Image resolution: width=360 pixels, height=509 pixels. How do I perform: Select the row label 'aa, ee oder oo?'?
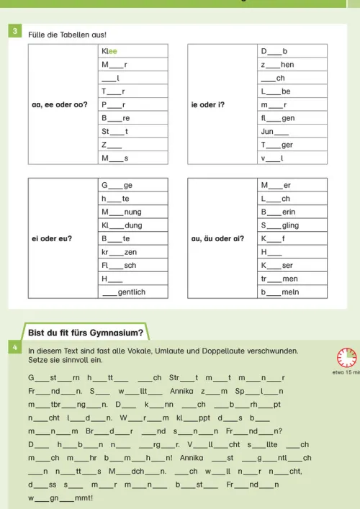tap(60, 104)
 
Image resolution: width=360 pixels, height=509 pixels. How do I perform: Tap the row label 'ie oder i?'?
tap(207, 104)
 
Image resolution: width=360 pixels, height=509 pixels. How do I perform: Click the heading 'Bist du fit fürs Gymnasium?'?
tap(86, 333)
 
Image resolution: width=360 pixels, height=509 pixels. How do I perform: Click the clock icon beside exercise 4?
tap(346, 356)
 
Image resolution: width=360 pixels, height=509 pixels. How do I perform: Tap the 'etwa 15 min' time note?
tap(346, 372)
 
